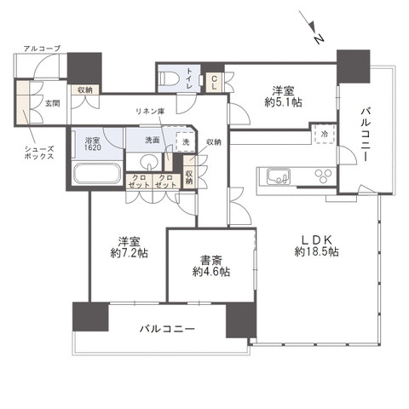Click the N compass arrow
pos(312,28)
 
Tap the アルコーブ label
pos(42,49)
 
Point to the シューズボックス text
pos(39,153)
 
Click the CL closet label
pos(214,82)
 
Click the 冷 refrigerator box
pos(323,134)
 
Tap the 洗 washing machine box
pos(183,143)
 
